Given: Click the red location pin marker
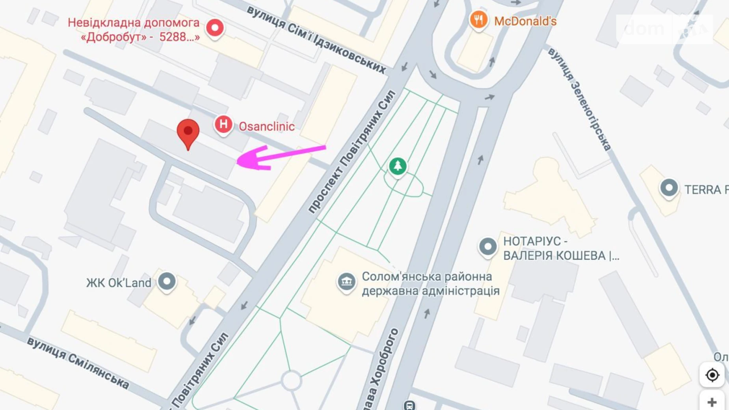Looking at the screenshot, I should [188, 132].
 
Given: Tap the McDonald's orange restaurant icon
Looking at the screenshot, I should [478, 20].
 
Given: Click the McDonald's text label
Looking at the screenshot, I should [525, 21].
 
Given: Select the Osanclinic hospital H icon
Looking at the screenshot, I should [223, 125].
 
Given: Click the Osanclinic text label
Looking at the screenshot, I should [266, 127].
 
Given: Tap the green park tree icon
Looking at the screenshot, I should [398, 166].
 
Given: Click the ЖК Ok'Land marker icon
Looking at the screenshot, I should [167, 281].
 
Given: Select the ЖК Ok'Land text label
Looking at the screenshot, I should [119, 283].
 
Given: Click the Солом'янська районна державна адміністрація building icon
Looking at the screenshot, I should [346, 281].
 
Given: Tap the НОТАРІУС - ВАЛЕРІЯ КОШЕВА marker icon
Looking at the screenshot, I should [488, 247].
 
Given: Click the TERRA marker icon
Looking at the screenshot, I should [669, 188].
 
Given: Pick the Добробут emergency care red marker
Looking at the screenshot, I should [215, 28].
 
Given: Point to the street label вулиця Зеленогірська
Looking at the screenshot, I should [579, 99].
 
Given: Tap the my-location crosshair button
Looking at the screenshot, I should [712, 375].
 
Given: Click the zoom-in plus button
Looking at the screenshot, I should [712, 402].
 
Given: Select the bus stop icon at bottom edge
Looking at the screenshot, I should [409, 405].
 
